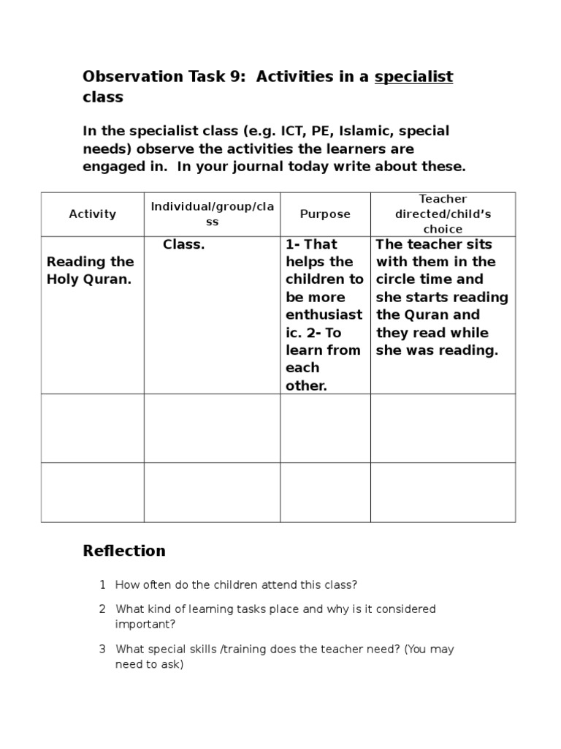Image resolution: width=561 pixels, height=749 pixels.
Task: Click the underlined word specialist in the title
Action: (413, 77)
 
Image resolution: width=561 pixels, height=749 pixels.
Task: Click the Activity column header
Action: (92, 214)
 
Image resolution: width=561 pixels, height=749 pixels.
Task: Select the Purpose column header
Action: (325, 214)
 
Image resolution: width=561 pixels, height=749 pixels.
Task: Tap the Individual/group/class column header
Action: (212, 214)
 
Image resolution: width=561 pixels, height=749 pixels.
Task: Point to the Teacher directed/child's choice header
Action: (443, 214)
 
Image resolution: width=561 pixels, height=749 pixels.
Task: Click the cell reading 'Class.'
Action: (183, 244)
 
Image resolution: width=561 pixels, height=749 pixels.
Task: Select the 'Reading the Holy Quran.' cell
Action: (91, 271)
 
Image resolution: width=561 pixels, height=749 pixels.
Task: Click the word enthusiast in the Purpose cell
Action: (324, 315)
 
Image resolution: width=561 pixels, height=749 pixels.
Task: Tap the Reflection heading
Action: (124, 551)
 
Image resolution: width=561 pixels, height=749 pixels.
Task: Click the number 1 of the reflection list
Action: (103, 584)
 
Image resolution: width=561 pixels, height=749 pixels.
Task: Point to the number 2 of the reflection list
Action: (103, 609)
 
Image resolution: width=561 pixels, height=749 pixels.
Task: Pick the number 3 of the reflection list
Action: (103, 649)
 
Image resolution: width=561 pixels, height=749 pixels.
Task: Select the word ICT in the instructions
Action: (291, 131)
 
